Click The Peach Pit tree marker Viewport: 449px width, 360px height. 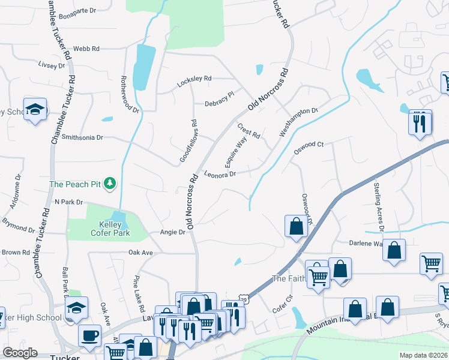110,183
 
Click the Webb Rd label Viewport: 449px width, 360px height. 86,49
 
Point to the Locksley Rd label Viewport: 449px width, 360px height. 194,79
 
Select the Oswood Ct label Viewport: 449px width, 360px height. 308,145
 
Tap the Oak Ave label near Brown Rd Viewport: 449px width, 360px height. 140,253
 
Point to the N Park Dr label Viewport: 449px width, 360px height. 68,202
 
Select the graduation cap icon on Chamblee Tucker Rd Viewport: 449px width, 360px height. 35,109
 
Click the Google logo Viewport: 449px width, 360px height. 20,353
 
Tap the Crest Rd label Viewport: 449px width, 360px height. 248,131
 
